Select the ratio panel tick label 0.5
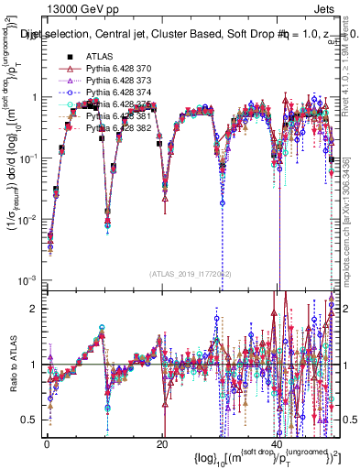coord(29,420)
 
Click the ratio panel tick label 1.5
coord(29,336)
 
